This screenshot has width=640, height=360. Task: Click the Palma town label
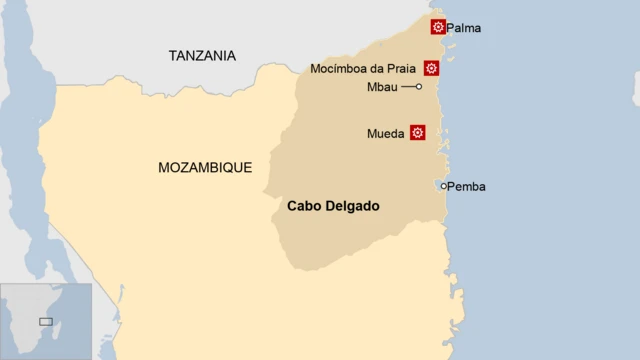[x=463, y=28]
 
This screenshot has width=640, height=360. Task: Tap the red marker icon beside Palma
[x=438, y=27]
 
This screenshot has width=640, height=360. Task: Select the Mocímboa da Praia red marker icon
[x=431, y=68]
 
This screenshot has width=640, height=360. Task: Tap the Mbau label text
[x=383, y=88]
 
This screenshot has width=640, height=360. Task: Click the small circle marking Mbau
[x=419, y=87]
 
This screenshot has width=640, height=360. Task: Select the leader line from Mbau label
[x=408, y=87]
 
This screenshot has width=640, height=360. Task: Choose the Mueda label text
[x=386, y=133]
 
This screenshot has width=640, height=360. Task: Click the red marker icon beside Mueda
[x=418, y=132]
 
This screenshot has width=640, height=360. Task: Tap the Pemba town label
[x=467, y=187]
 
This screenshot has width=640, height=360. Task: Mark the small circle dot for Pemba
[x=444, y=186]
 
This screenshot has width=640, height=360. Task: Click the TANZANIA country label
[x=202, y=56]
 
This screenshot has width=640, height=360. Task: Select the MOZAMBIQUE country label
[x=205, y=168]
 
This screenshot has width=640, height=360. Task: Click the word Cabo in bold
[x=305, y=207]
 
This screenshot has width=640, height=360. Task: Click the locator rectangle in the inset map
[x=45, y=321]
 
